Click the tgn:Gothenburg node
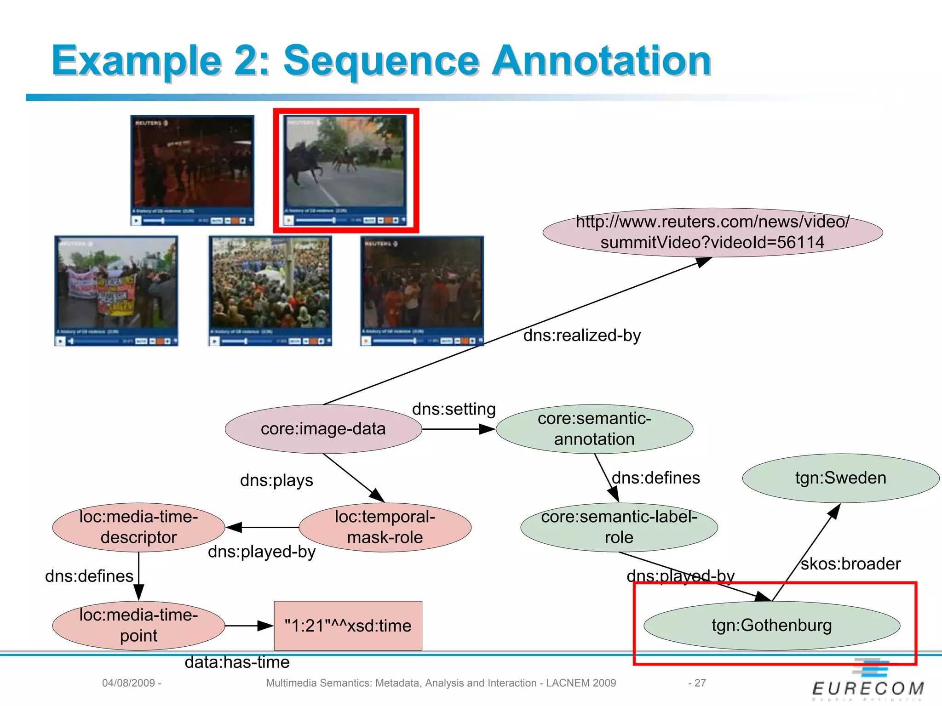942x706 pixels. click(x=771, y=626)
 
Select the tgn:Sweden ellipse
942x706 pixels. click(x=840, y=478)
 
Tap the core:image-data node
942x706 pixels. click(x=323, y=429)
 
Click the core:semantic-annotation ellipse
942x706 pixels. click(x=594, y=429)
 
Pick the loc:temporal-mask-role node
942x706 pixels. click(x=385, y=527)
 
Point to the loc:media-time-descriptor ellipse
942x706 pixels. click(x=138, y=527)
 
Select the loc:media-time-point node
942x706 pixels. click(x=138, y=626)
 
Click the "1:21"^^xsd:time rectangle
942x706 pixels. click(x=348, y=626)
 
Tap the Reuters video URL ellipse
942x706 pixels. click(x=712, y=232)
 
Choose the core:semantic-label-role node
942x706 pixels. click(x=619, y=527)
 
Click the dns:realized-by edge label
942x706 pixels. click(x=582, y=336)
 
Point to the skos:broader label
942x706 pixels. click(x=850, y=564)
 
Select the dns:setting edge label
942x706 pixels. click(x=454, y=409)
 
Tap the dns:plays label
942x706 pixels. click(x=276, y=480)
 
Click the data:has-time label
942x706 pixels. click(x=237, y=662)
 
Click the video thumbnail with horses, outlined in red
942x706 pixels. click(x=345, y=170)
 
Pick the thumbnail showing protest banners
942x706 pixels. click(x=116, y=290)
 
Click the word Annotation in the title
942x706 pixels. click(x=602, y=61)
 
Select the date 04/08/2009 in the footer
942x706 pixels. click(x=128, y=683)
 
